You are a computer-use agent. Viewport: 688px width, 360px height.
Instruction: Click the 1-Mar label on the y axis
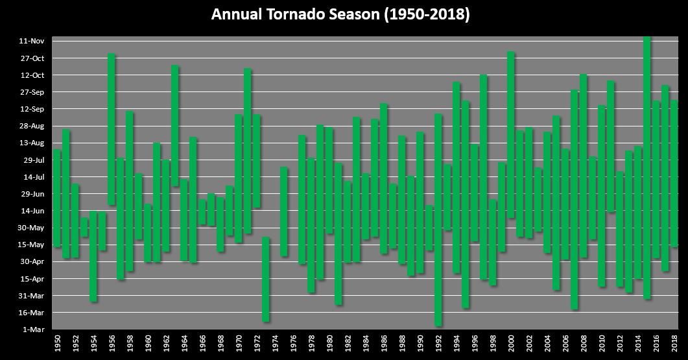pos(33,330)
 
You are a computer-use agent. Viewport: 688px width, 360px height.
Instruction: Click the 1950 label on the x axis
pos(58,344)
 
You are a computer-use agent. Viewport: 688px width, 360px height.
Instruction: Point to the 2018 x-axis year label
pos(674,344)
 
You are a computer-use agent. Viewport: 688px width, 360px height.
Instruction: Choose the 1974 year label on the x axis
pos(276,344)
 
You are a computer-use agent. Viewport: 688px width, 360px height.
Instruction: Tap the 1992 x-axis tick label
pos(439,344)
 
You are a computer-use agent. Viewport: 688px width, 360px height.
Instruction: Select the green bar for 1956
pos(112,130)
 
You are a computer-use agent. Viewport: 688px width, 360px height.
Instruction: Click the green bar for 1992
pos(438,220)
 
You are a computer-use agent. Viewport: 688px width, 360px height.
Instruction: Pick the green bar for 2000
pos(511,135)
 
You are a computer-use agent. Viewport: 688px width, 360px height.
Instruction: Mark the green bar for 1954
pos(93,256)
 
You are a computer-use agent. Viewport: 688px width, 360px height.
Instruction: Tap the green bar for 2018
pos(674,174)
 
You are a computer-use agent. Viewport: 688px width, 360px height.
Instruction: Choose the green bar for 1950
pos(57,198)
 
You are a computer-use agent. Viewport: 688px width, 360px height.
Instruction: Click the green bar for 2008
pos(584,166)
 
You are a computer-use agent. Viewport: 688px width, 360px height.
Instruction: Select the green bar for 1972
pos(257,162)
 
